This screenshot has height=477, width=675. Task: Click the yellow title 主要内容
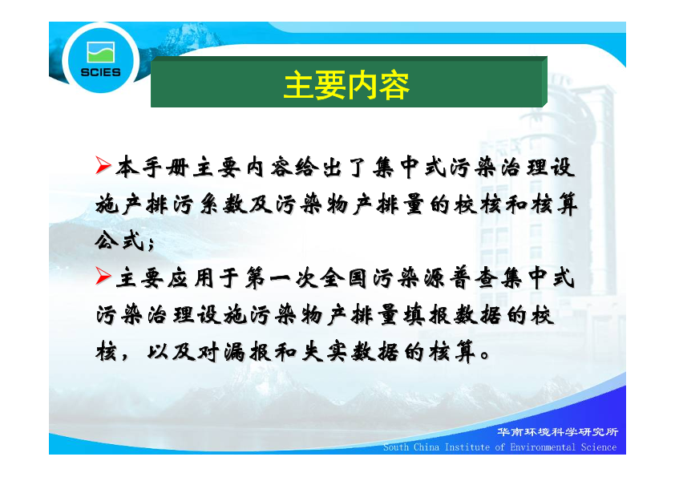(346, 86)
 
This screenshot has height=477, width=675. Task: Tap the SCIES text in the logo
(101, 72)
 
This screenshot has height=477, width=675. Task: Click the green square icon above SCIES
(101, 53)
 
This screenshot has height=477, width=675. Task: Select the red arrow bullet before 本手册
(103, 166)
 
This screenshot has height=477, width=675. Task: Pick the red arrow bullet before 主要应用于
(103, 276)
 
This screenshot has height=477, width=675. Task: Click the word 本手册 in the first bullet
(152, 167)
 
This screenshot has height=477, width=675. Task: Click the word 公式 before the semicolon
(119, 241)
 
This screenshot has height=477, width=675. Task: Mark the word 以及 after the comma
(172, 352)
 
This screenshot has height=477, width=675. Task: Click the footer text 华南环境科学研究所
(557, 432)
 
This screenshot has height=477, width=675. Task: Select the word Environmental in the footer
(543, 447)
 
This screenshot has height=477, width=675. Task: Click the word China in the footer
(426, 447)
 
